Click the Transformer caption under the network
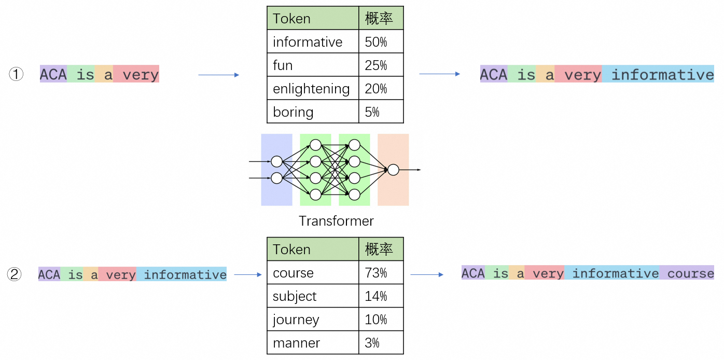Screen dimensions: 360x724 (336, 221)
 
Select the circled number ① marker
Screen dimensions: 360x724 (16, 75)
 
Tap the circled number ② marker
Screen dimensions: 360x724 (15, 274)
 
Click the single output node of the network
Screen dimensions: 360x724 (393, 170)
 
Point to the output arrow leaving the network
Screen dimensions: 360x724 (410, 170)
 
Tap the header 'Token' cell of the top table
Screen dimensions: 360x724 (312, 19)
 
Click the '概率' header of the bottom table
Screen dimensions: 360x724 (381, 250)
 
